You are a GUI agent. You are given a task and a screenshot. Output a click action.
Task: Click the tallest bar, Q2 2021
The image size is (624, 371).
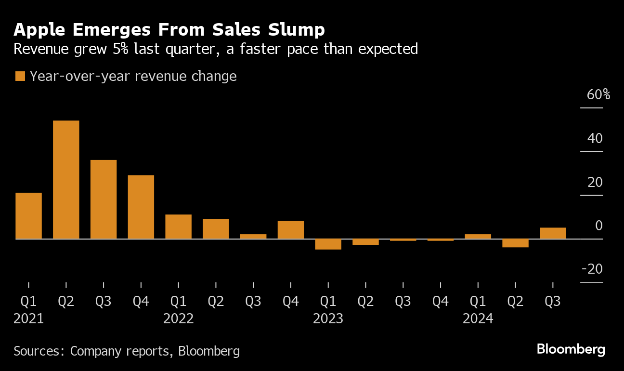(66, 179)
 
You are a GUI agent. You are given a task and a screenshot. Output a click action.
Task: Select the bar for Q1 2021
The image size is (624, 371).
(28, 215)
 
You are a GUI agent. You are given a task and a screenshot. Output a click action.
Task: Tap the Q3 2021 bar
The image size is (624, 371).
(104, 199)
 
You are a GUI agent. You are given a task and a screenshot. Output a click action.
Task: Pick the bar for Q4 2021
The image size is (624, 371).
(141, 207)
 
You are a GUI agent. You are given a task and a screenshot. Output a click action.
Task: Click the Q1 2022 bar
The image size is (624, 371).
(178, 226)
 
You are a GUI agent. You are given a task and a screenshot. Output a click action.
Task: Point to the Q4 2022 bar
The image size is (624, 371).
(291, 230)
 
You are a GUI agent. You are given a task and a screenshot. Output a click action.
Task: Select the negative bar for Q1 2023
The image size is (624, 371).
(328, 244)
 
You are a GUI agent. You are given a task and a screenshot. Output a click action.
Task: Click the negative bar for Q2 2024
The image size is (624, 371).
(515, 243)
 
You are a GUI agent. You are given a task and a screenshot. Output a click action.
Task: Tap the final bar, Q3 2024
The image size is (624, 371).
(553, 233)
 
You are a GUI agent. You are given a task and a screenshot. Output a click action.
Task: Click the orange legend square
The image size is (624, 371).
(20, 77)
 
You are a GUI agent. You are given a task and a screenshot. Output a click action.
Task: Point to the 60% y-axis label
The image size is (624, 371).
(598, 94)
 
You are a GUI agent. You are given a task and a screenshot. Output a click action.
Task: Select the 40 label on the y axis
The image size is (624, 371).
(595, 138)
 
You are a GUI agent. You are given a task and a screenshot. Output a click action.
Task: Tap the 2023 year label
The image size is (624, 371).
(328, 318)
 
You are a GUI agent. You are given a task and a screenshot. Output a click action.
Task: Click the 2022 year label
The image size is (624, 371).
(178, 318)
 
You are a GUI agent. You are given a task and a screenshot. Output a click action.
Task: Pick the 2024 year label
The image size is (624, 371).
(478, 318)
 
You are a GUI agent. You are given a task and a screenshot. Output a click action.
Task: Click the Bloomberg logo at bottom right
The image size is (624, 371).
(571, 349)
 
